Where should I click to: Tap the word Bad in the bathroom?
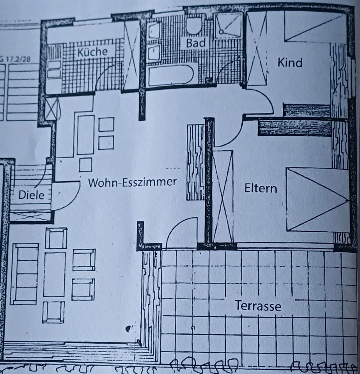coord(195,43)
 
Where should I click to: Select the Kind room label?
coord(290,62)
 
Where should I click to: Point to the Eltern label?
coord(261,189)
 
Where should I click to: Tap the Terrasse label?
coord(257,306)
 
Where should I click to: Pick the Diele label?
coord(31,195)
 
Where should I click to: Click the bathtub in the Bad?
coord(170,75)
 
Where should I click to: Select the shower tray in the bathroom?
coord(229,25)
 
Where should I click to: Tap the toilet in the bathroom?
coord(193,25)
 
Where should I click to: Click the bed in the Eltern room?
coord(317,200)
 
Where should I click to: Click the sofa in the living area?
coord(25,274)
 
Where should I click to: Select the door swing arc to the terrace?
coord(181,231)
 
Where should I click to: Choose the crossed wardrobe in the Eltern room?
coord(223,196)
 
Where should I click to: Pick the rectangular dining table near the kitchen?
coord(85,134)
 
